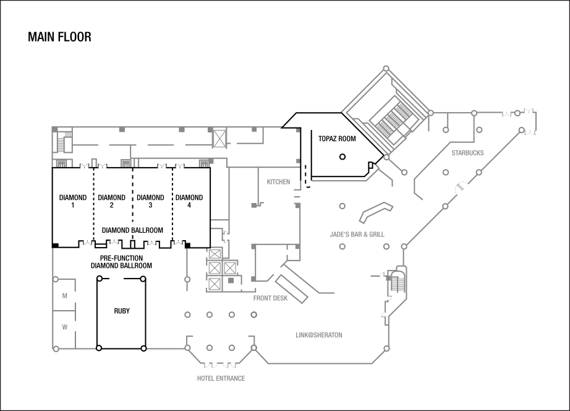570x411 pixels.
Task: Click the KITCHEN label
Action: tap(278, 182)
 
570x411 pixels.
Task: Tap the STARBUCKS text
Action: tap(467, 153)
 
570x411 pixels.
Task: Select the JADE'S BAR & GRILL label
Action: tap(357, 235)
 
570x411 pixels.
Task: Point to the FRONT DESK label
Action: tap(270, 298)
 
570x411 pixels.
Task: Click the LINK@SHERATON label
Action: tap(319, 335)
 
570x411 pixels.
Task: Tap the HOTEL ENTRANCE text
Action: tap(221, 379)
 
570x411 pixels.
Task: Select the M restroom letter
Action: tap(64, 296)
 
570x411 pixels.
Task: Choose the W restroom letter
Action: tap(64, 327)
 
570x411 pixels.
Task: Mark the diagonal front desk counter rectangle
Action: tap(291, 288)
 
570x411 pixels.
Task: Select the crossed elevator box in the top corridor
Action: tap(219, 138)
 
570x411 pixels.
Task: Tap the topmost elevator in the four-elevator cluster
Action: tap(215, 254)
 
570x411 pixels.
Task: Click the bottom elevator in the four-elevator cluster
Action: tap(215, 284)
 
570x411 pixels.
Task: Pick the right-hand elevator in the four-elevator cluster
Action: tap(229, 268)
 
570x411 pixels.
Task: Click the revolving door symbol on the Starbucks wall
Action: tap(461, 189)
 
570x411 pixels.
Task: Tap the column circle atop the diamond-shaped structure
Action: tap(386, 68)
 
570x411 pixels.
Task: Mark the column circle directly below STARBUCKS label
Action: tap(445, 172)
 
